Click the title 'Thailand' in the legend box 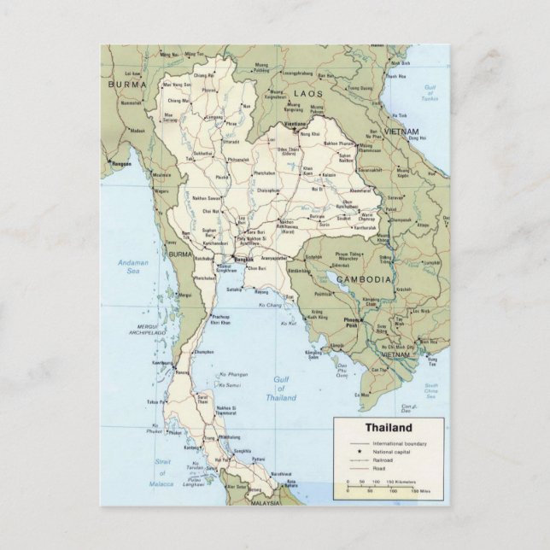[x=389, y=428]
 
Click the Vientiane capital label [x=295, y=126]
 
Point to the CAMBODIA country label [x=363, y=279]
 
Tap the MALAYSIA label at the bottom [x=266, y=503]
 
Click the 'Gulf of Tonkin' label [x=431, y=92]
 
